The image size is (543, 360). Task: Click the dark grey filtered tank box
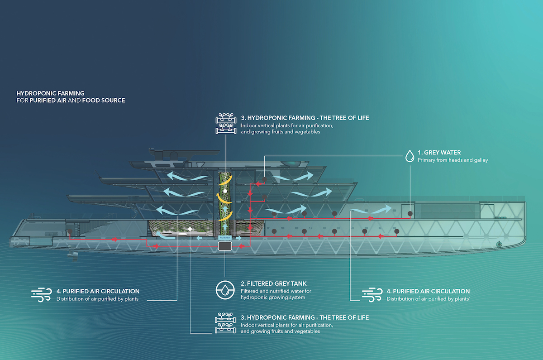coord(225,246)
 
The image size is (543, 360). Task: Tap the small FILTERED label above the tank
coord(225,238)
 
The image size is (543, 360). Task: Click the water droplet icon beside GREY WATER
coord(410,156)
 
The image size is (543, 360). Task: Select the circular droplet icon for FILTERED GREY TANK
coord(225,290)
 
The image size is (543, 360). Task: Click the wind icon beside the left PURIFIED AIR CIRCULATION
coord(42,295)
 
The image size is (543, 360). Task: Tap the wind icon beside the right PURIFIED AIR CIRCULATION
coord(372,295)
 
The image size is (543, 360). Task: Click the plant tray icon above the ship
coord(226,123)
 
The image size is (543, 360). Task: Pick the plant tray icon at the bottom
coord(225,323)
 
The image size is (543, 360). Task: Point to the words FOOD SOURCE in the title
coord(104,101)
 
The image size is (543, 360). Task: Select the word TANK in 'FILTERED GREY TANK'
coord(299,283)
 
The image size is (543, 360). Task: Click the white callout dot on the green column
coord(225,191)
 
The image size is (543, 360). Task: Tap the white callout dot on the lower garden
coord(190,229)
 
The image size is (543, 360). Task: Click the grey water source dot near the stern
coord(70,231)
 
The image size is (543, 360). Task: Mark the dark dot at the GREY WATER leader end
coord(410,214)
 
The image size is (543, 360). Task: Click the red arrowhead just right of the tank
coord(242,246)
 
